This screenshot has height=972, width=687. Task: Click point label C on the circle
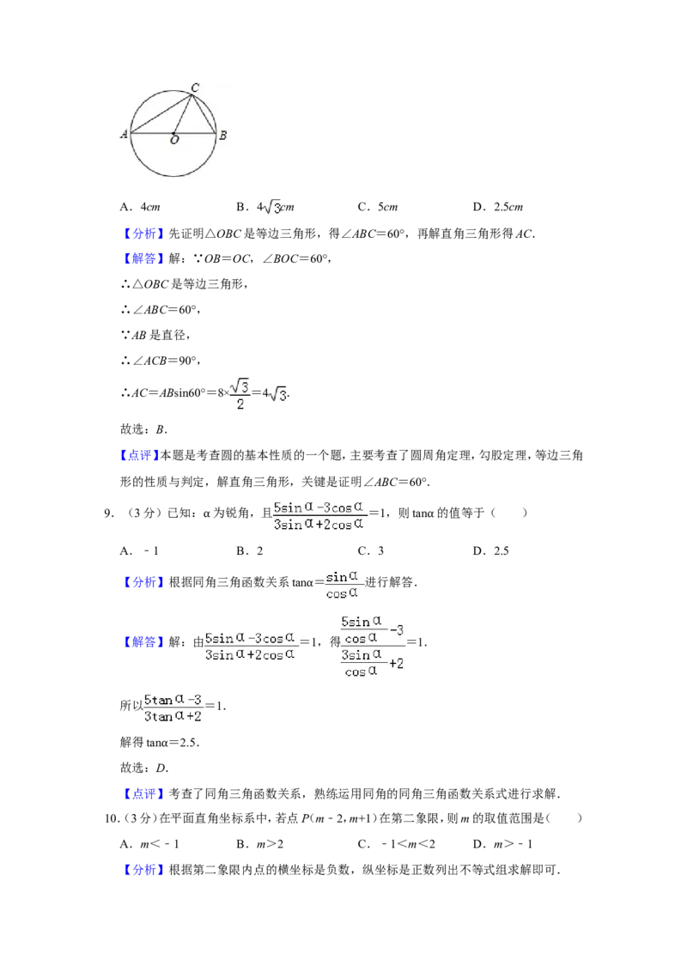pyautogui.click(x=195, y=88)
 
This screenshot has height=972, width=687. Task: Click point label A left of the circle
pyautogui.click(x=124, y=134)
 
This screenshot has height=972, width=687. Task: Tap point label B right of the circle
pyautogui.click(x=222, y=135)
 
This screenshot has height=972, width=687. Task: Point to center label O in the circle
pyautogui.click(x=174, y=140)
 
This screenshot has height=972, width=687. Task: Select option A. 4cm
pyautogui.click(x=140, y=207)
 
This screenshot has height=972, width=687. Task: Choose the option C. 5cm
pyautogui.click(x=378, y=207)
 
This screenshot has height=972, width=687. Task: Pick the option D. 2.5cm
pyautogui.click(x=498, y=207)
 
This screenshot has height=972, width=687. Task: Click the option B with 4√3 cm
pyautogui.click(x=265, y=207)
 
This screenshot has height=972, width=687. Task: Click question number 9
pyautogui.click(x=109, y=513)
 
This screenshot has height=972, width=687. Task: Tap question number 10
pyautogui.click(x=112, y=818)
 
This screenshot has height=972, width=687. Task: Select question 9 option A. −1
pyautogui.click(x=139, y=551)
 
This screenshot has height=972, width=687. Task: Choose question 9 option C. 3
pyautogui.click(x=371, y=551)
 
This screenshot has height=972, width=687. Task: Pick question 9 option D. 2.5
pyautogui.click(x=491, y=551)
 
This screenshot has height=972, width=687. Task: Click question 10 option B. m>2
pyautogui.click(x=260, y=844)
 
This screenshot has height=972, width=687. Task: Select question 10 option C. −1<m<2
pyautogui.click(x=396, y=844)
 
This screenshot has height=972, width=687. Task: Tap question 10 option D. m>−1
pyautogui.click(x=503, y=844)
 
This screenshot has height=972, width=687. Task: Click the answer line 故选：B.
pyautogui.click(x=144, y=429)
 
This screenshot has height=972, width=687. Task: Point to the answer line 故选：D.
pyautogui.click(x=144, y=768)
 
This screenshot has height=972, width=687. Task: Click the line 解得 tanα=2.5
pyautogui.click(x=160, y=743)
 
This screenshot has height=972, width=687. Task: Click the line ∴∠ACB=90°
pyautogui.click(x=161, y=361)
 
